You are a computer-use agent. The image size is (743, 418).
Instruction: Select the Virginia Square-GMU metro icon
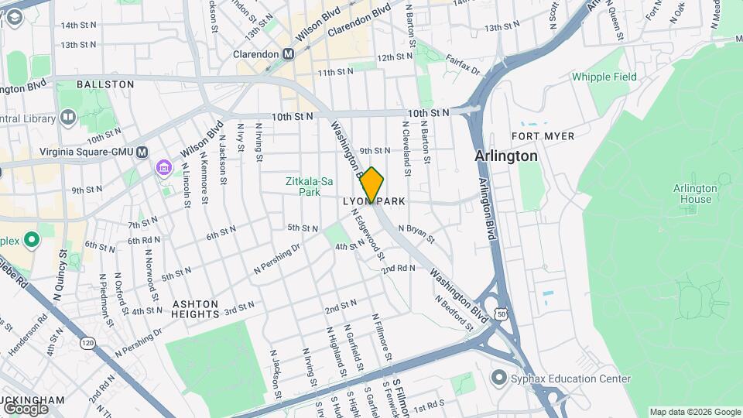142,152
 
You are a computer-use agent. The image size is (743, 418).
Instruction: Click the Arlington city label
506,156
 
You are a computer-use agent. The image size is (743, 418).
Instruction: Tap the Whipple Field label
604,77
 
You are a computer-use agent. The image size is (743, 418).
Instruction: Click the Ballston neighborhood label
105,84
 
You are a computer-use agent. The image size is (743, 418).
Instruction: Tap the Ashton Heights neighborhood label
195,309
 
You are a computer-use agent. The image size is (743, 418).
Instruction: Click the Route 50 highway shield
502,313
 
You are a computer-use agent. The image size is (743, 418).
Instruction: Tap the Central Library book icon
68,118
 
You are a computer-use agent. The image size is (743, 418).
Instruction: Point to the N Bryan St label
416,233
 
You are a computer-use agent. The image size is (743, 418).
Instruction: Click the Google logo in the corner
26,408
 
